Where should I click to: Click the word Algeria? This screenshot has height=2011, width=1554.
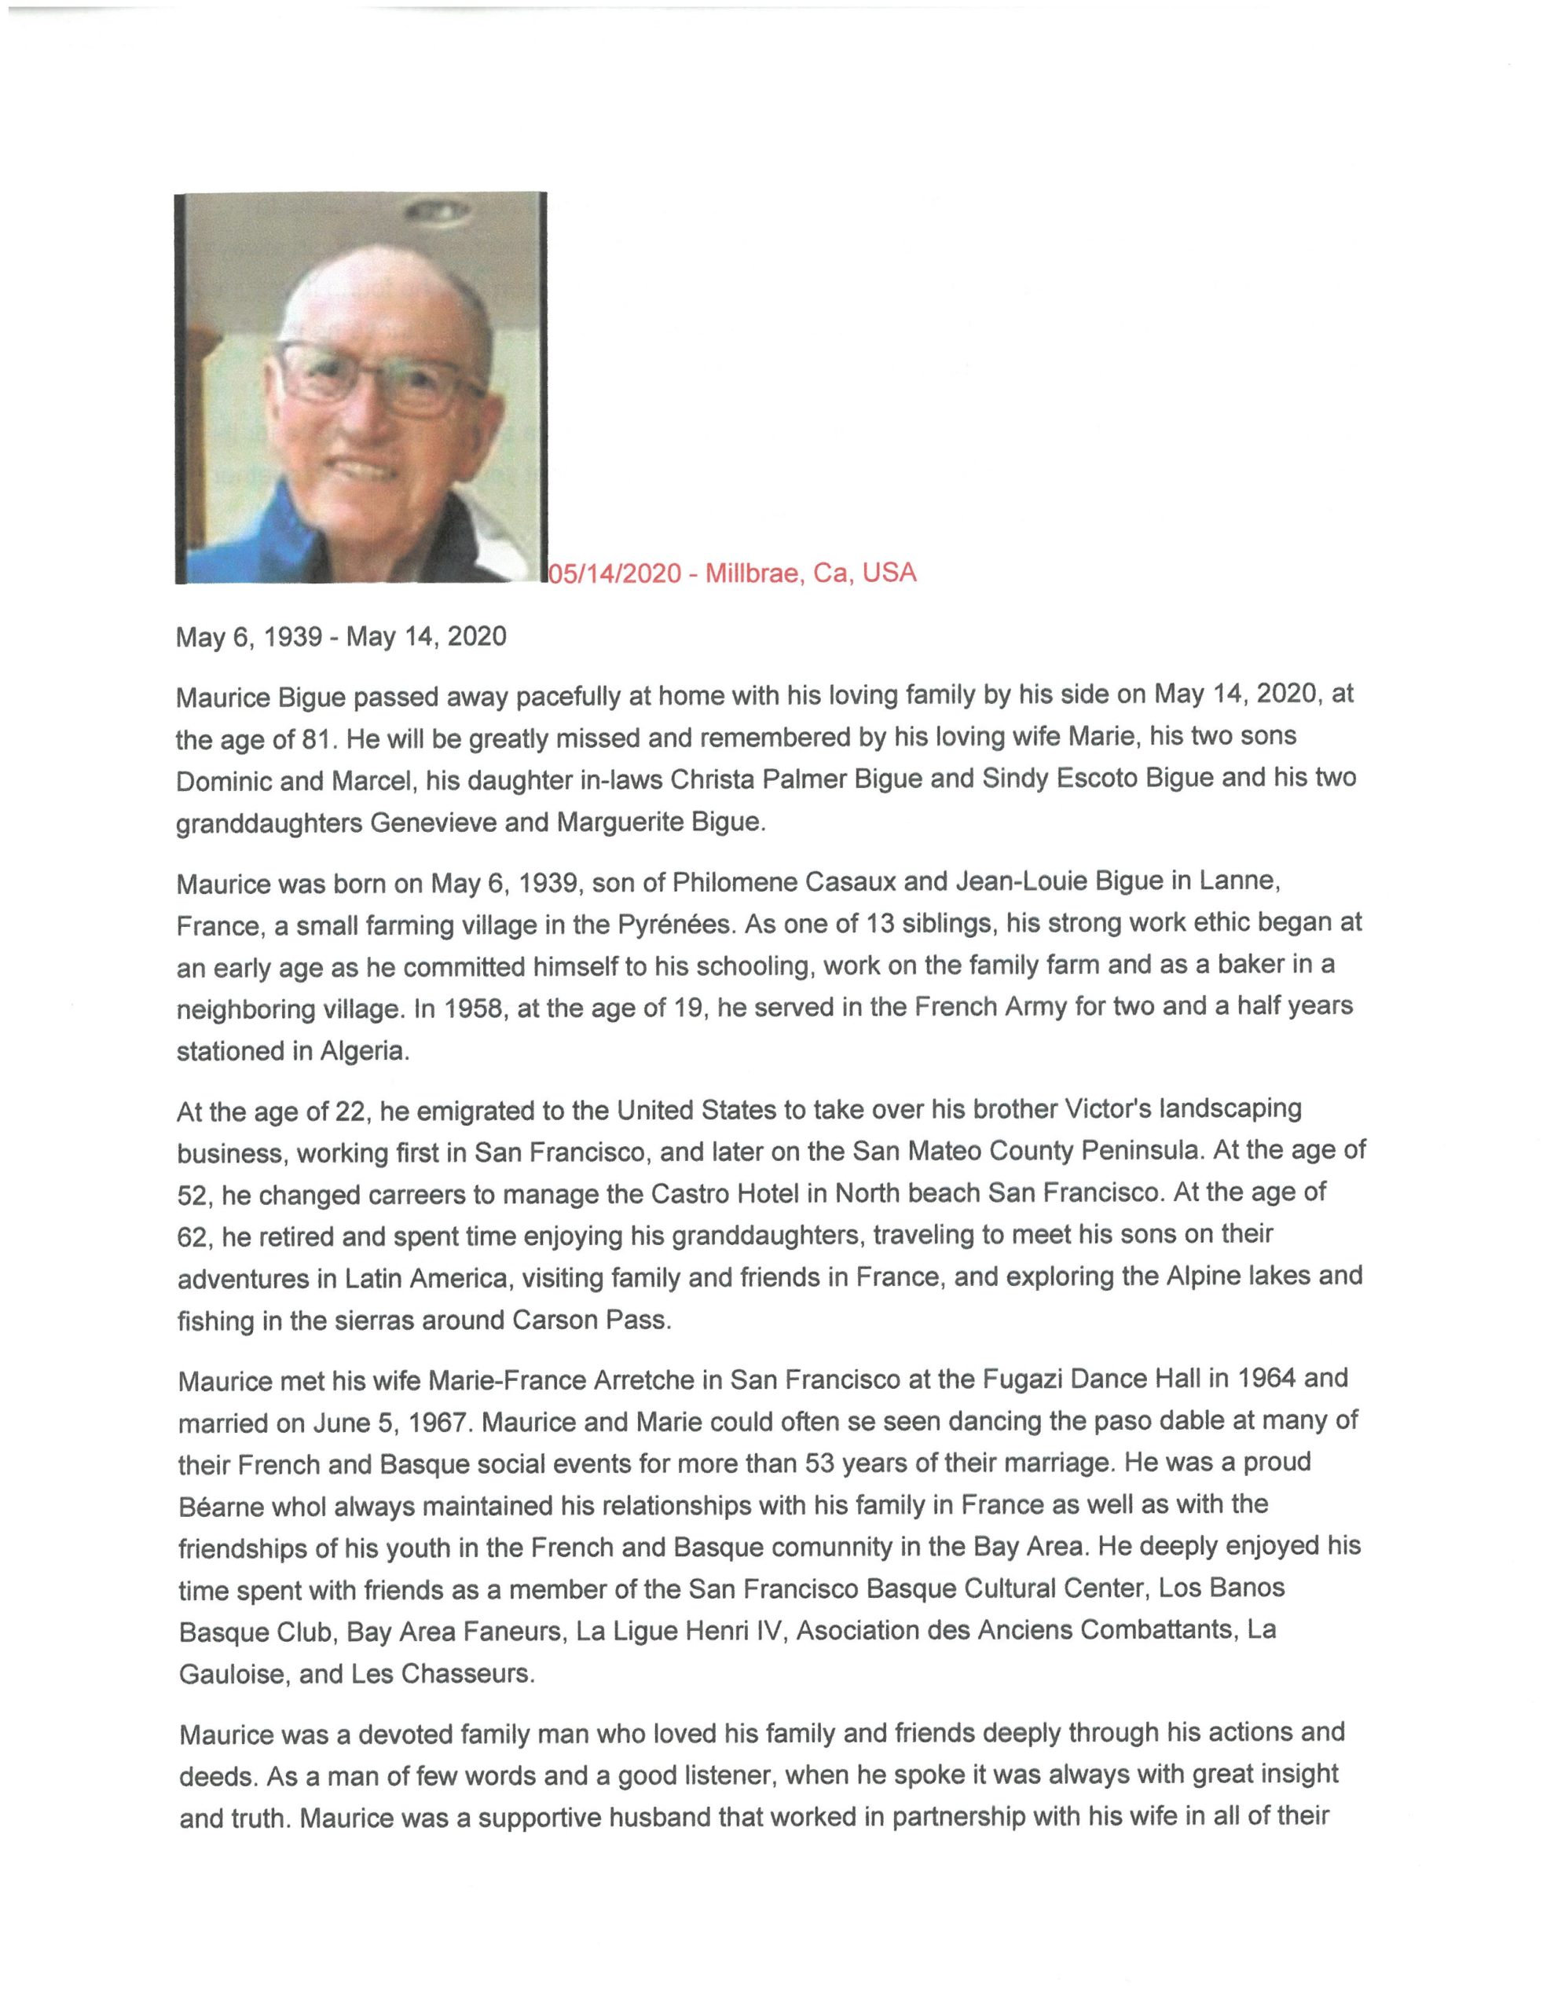tap(363, 1052)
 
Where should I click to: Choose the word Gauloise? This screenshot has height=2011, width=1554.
tap(232, 1674)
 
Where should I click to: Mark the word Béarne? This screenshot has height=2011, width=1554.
tap(221, 1507)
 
